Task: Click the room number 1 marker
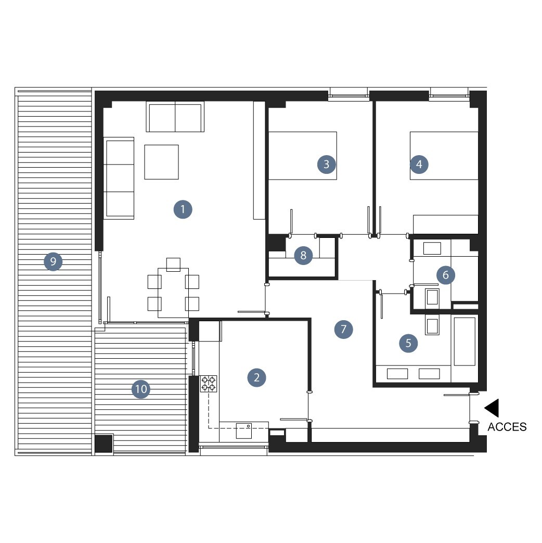pyautogui.click(x=183, y=209)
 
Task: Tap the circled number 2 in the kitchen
pyautogui.click(x=256, y=377)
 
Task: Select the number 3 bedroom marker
pyautogui.click(x=326, y=164)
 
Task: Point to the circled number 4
pyautogui.click(x=419, y=164)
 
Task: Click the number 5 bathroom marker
pyautogui.click(x=408, y=343)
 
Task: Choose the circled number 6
pyautogui.click(x=446, y=275)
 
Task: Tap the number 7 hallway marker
pyautogui.click(x=344, y=329)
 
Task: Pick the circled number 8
pyautogui.click(x=303, y=255)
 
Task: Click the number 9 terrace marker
pyautogui.click(x=53, y=261)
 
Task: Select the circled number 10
pyautogui.click(x=141, y=389)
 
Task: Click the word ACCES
pyautogui.click(x=507, y=427)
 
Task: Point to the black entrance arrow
pyautogui.click(x=492, y=408)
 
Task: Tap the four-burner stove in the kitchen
pyautogui.click(x=209, y=384)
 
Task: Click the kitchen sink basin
pyautogui.click(x=243, y=431)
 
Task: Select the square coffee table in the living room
pyautogui.click(x=161, y=162)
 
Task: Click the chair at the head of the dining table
pyautogui.click(x=173, y=264)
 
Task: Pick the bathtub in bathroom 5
pyautogui.click(x=464, y=341)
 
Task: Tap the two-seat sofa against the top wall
pyautogui.click(x=175, y=117)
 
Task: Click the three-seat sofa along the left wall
pyautogui.click(x=119, y=178)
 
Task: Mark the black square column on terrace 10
pyautogui.click(x=104, y=444)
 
